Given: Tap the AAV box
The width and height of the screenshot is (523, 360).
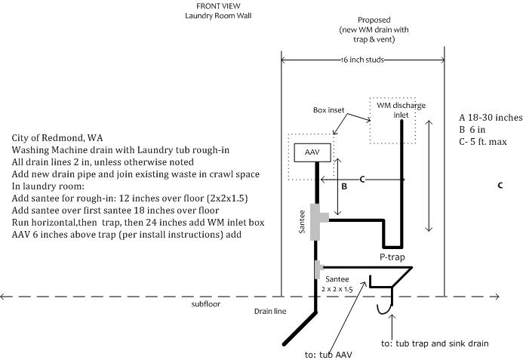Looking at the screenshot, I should pyautogui.click(x=311, y=152).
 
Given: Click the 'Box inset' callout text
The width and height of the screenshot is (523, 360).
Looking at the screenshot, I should pyautogui.click(x=329, y=109).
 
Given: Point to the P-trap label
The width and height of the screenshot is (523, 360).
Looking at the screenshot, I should pyautogui.click(x=392, y=257).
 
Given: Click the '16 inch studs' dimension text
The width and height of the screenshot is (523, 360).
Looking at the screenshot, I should pyautogui.click(x=362, y=60).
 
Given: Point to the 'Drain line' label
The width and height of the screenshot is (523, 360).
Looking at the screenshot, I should pyautogui.click(x=270, y=311).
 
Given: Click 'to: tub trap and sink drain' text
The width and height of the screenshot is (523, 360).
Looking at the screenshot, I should pyautogui.click(x=435, y=343).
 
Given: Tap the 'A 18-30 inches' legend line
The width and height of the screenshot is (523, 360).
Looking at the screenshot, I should pyautogui.click(x=490, y=118).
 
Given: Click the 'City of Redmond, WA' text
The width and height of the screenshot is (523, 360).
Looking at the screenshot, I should pyautogui.click(x=57, y=139).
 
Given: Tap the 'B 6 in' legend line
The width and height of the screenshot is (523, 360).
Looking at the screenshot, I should pyautogui.click(x=473, y=130).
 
